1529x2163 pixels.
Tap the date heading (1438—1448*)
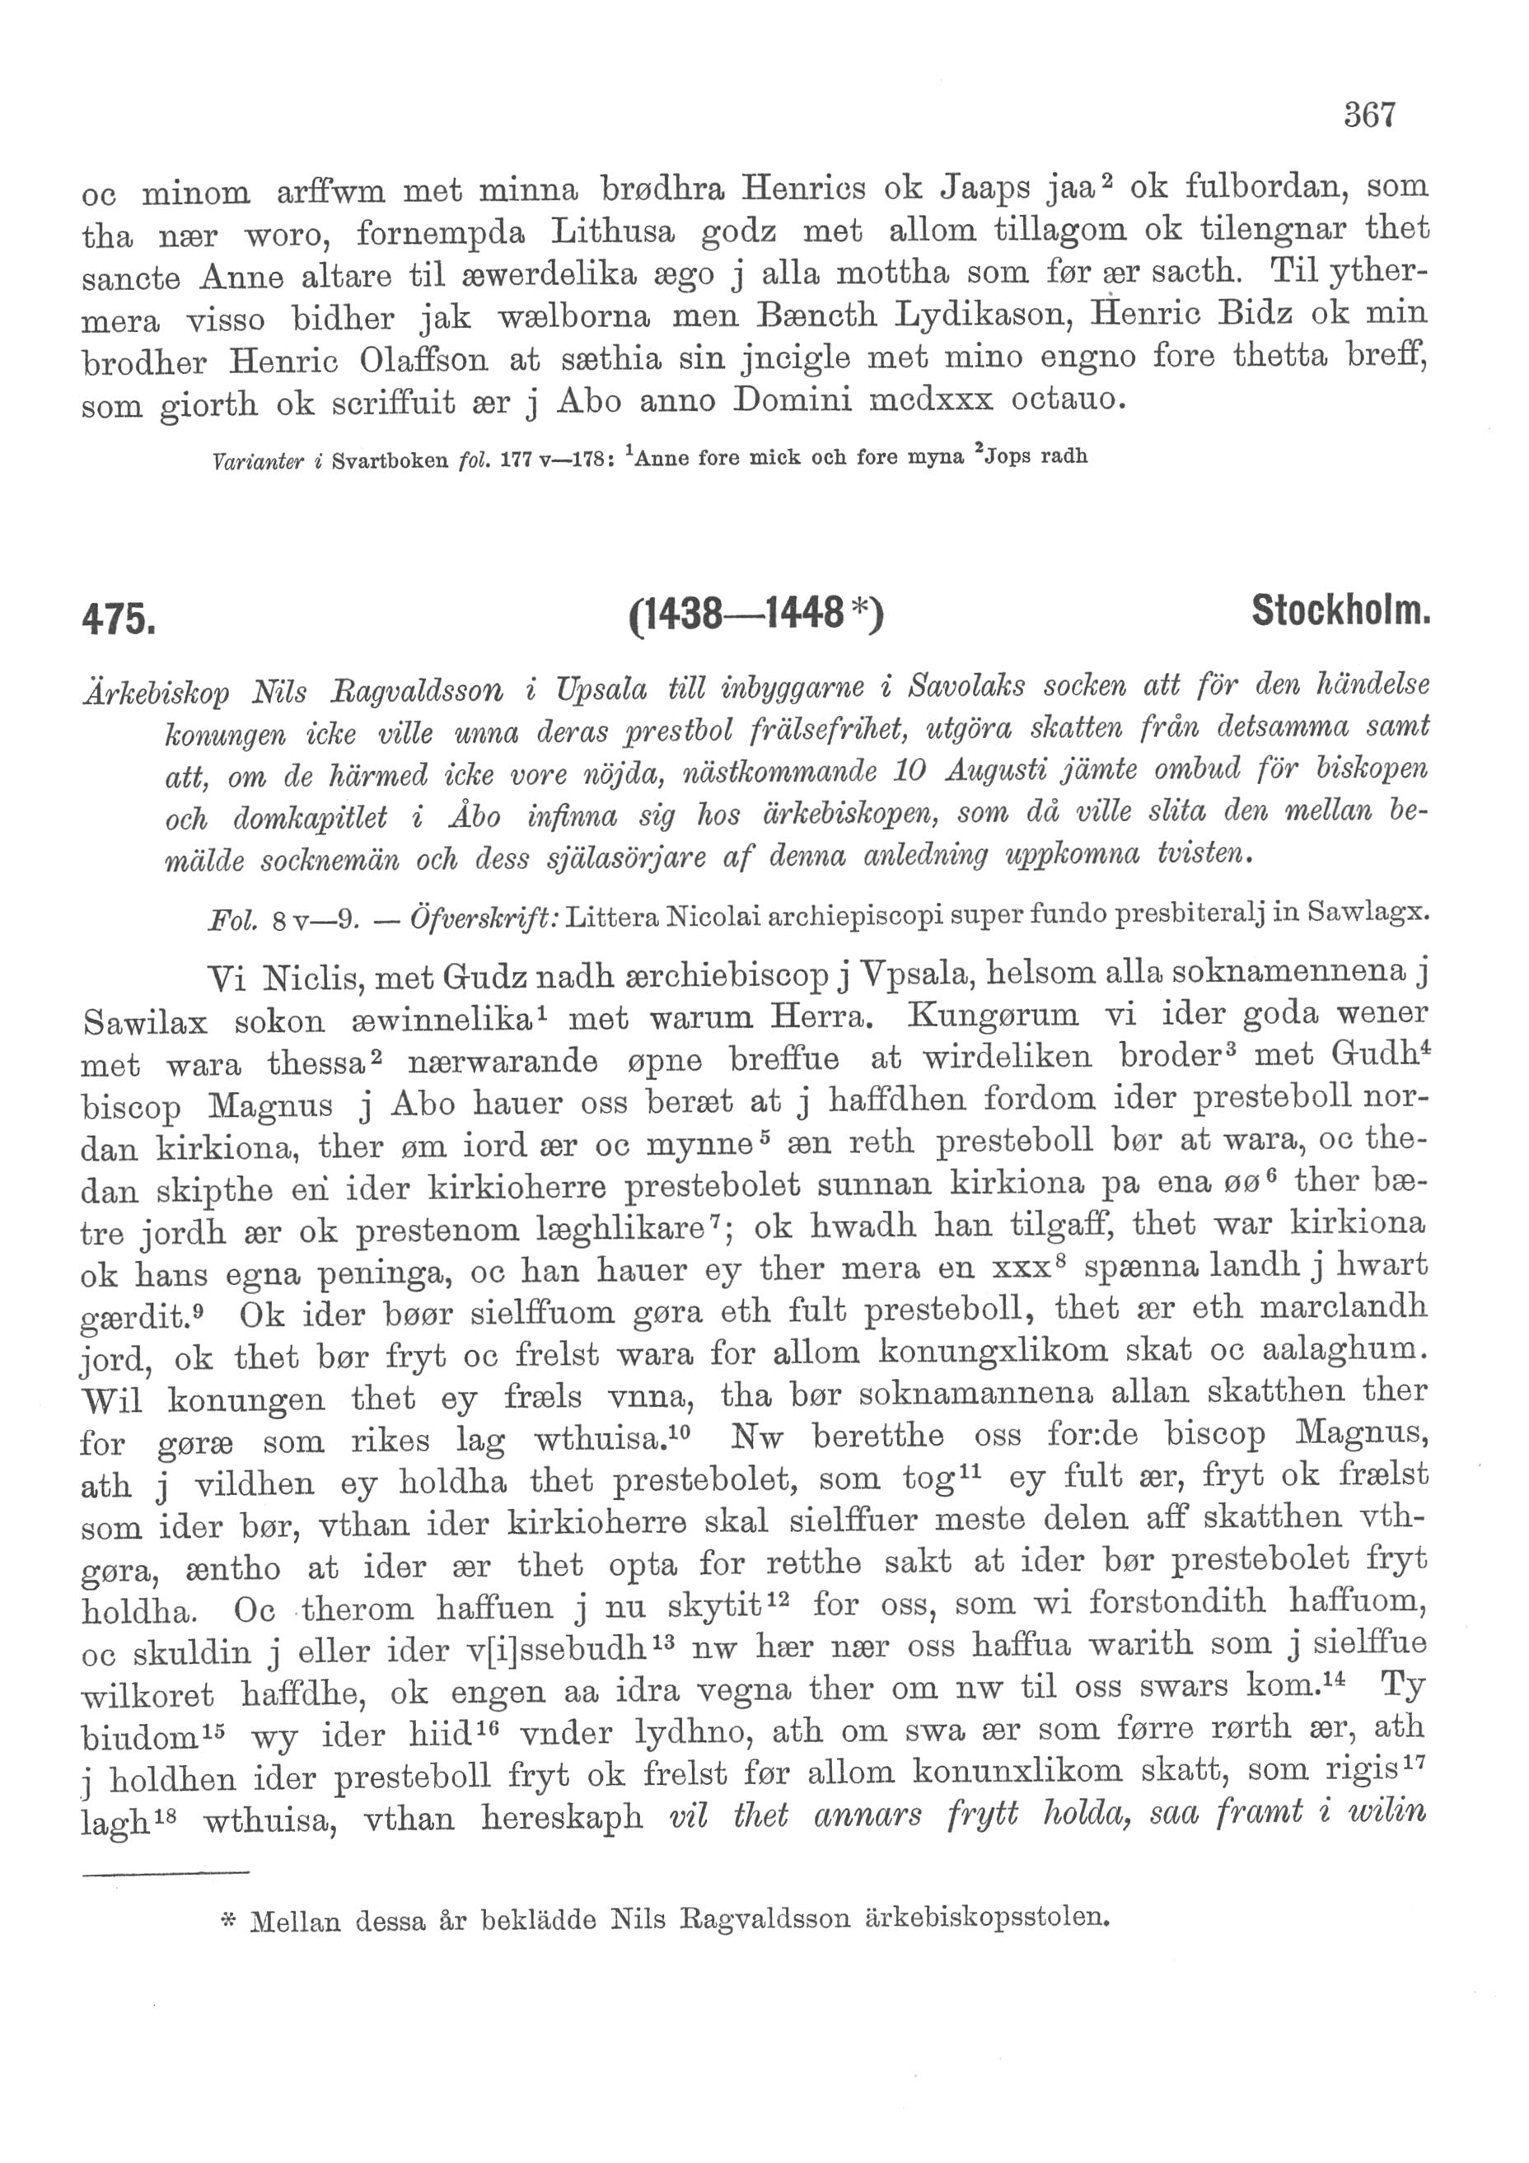tap(755, 618)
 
